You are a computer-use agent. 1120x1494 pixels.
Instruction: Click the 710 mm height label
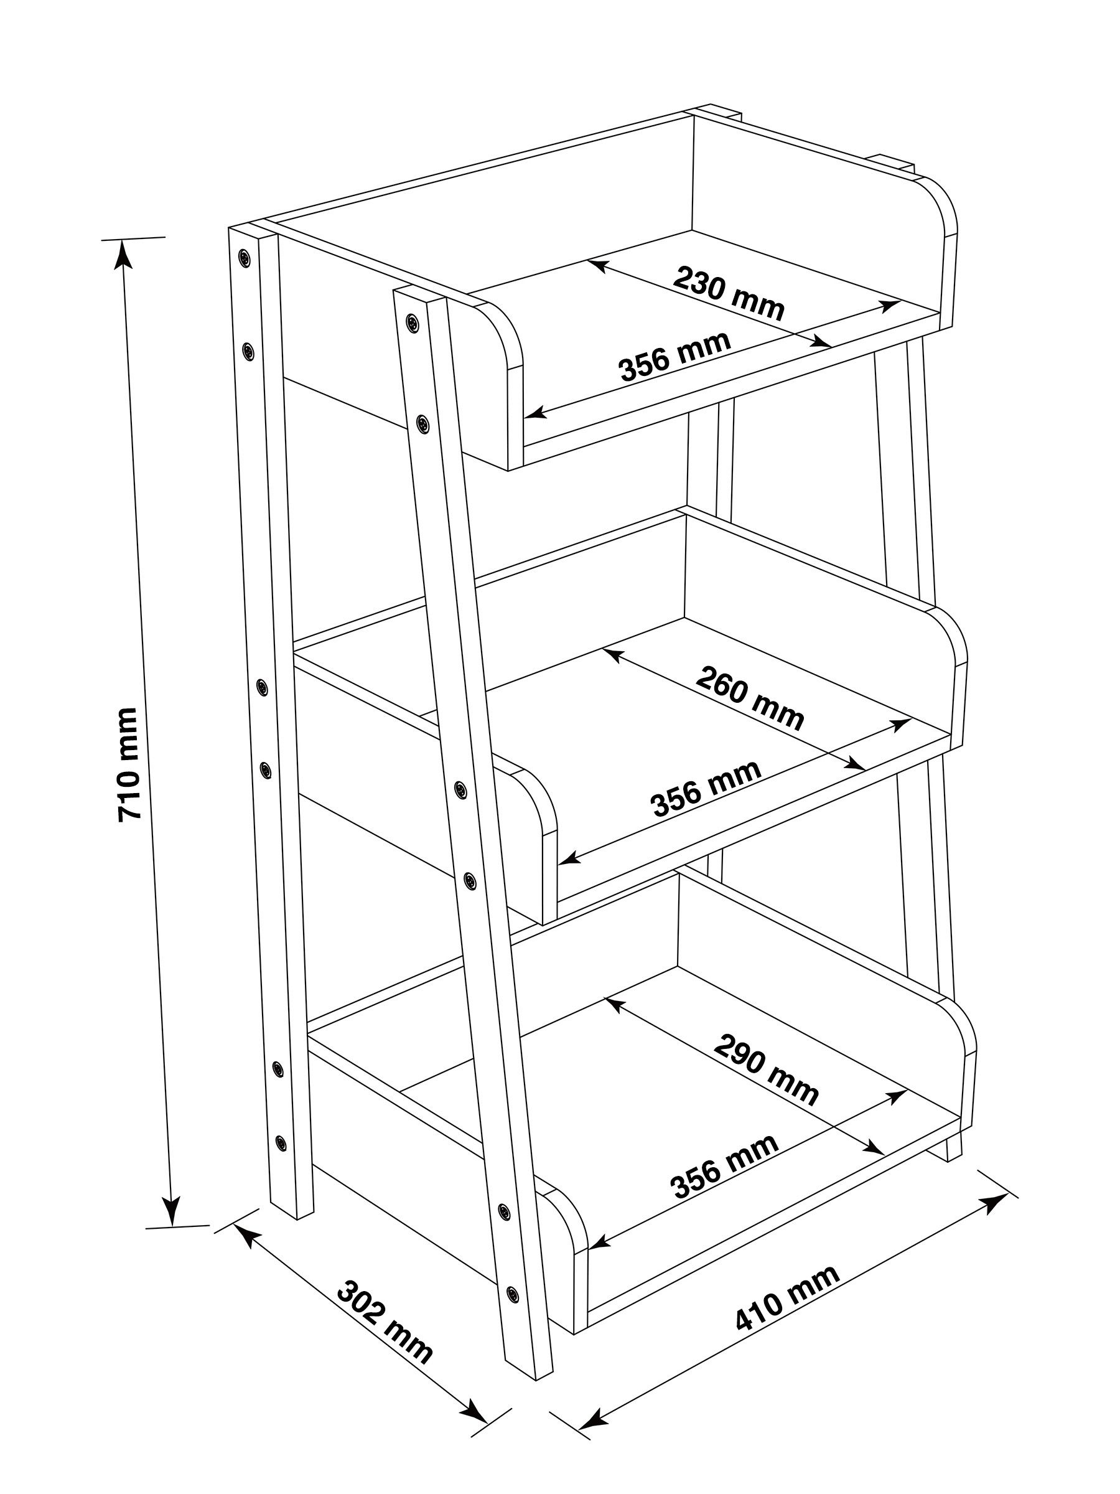[128, 764]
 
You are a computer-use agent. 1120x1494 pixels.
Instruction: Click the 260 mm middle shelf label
[749, 698]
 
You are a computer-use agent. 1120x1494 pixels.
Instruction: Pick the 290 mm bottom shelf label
[765, 1069]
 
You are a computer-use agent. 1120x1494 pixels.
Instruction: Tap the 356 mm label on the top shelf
[674, 355]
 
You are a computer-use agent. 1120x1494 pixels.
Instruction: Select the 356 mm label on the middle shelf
[706, 788]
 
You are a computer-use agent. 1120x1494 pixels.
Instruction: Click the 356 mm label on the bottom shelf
[724, 1167]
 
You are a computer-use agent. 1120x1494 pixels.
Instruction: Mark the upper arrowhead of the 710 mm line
[122, 253]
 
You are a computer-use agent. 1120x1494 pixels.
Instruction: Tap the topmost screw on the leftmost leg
[244, 256]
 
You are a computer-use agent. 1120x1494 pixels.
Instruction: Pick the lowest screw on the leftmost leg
[281, 1143]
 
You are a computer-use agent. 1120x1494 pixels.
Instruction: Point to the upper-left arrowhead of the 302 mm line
[245, 1238]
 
